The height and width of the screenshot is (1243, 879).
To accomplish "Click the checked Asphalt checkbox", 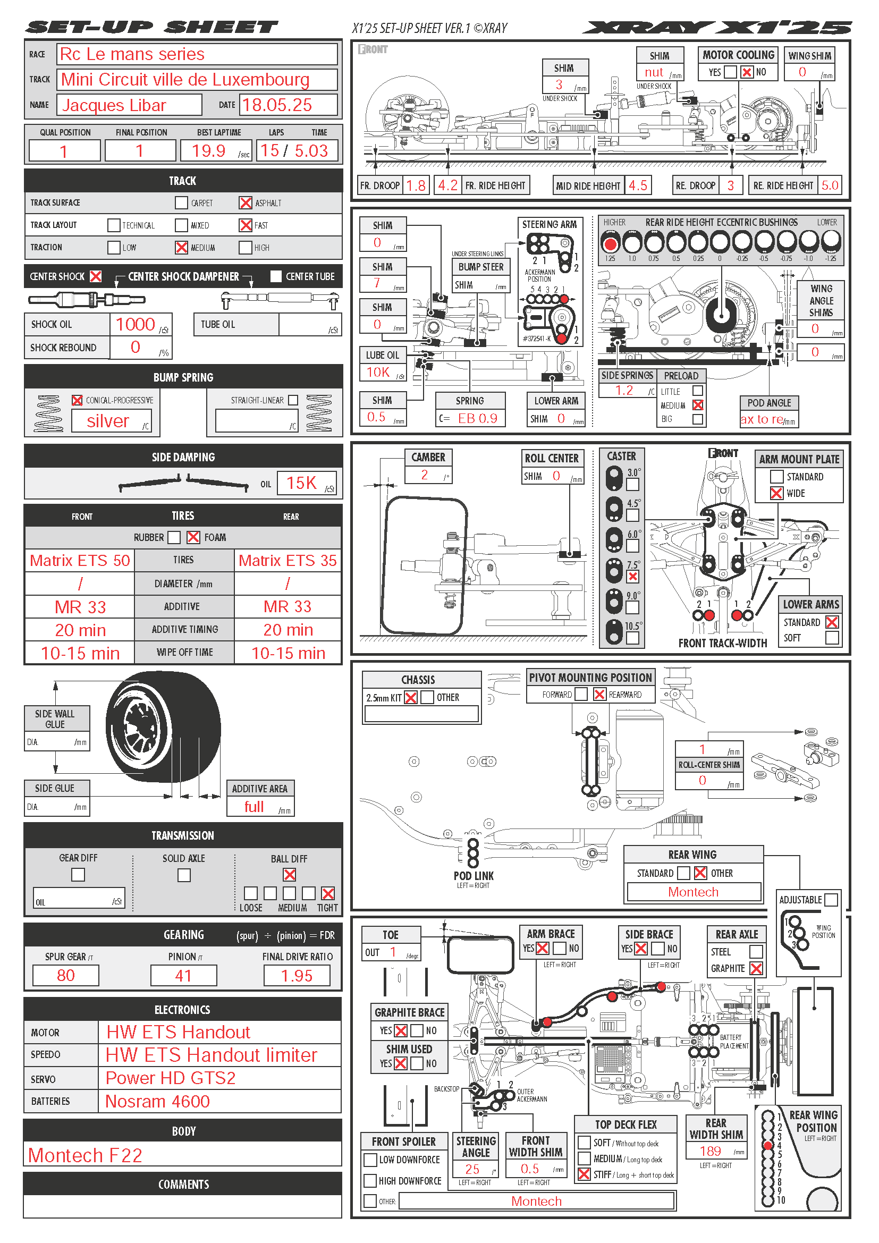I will pyautogui.click(x=245, y=203).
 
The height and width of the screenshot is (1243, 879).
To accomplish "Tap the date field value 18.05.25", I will pyautogui.click(x=277, y=105).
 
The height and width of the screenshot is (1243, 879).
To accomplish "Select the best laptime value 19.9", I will pyautogui.click(x=209, y=150).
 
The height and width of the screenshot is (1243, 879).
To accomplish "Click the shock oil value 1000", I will pyautogui.click(x=136, y=324).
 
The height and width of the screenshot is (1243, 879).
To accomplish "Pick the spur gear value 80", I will pyautogui.click(x=65, y=976).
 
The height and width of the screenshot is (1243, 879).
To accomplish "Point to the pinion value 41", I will pyautogui.click(x=183, y=976).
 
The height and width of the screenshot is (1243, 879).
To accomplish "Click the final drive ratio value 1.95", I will pyautogui.click(x=297, y=976).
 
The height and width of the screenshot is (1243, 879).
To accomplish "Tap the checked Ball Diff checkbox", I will pyautogui.click(x=290, y=875).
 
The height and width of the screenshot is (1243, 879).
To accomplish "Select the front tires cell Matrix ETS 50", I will pyautogui.click(x=80, y=560).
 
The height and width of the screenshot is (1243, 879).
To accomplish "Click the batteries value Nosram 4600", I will pyautogui.click(x=157, y=1101).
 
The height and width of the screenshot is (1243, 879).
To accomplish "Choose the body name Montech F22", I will pyautogui.click(x=85, y=1155).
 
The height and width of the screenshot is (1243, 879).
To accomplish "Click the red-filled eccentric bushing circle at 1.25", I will pyautogui.click(x=611, y=244).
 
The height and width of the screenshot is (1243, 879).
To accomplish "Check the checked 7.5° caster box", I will pyautogui.click(x=632, y=577).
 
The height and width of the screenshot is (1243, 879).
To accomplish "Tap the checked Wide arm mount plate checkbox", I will pyautogui.click(x=776, y=493).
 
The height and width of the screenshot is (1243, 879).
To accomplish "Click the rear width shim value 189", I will pyautogui.click(x=710, y=1151).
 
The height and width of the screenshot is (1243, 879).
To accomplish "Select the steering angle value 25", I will pyautogui.click(x=472, y=1169).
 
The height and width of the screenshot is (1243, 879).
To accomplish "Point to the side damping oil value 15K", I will pyautogui.click(x=301, y=483).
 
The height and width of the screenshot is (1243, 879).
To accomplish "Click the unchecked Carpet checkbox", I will pyautogui.click(x=181, y=203).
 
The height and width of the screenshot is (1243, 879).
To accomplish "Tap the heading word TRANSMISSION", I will pyautogui.click(x=183, y=835).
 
